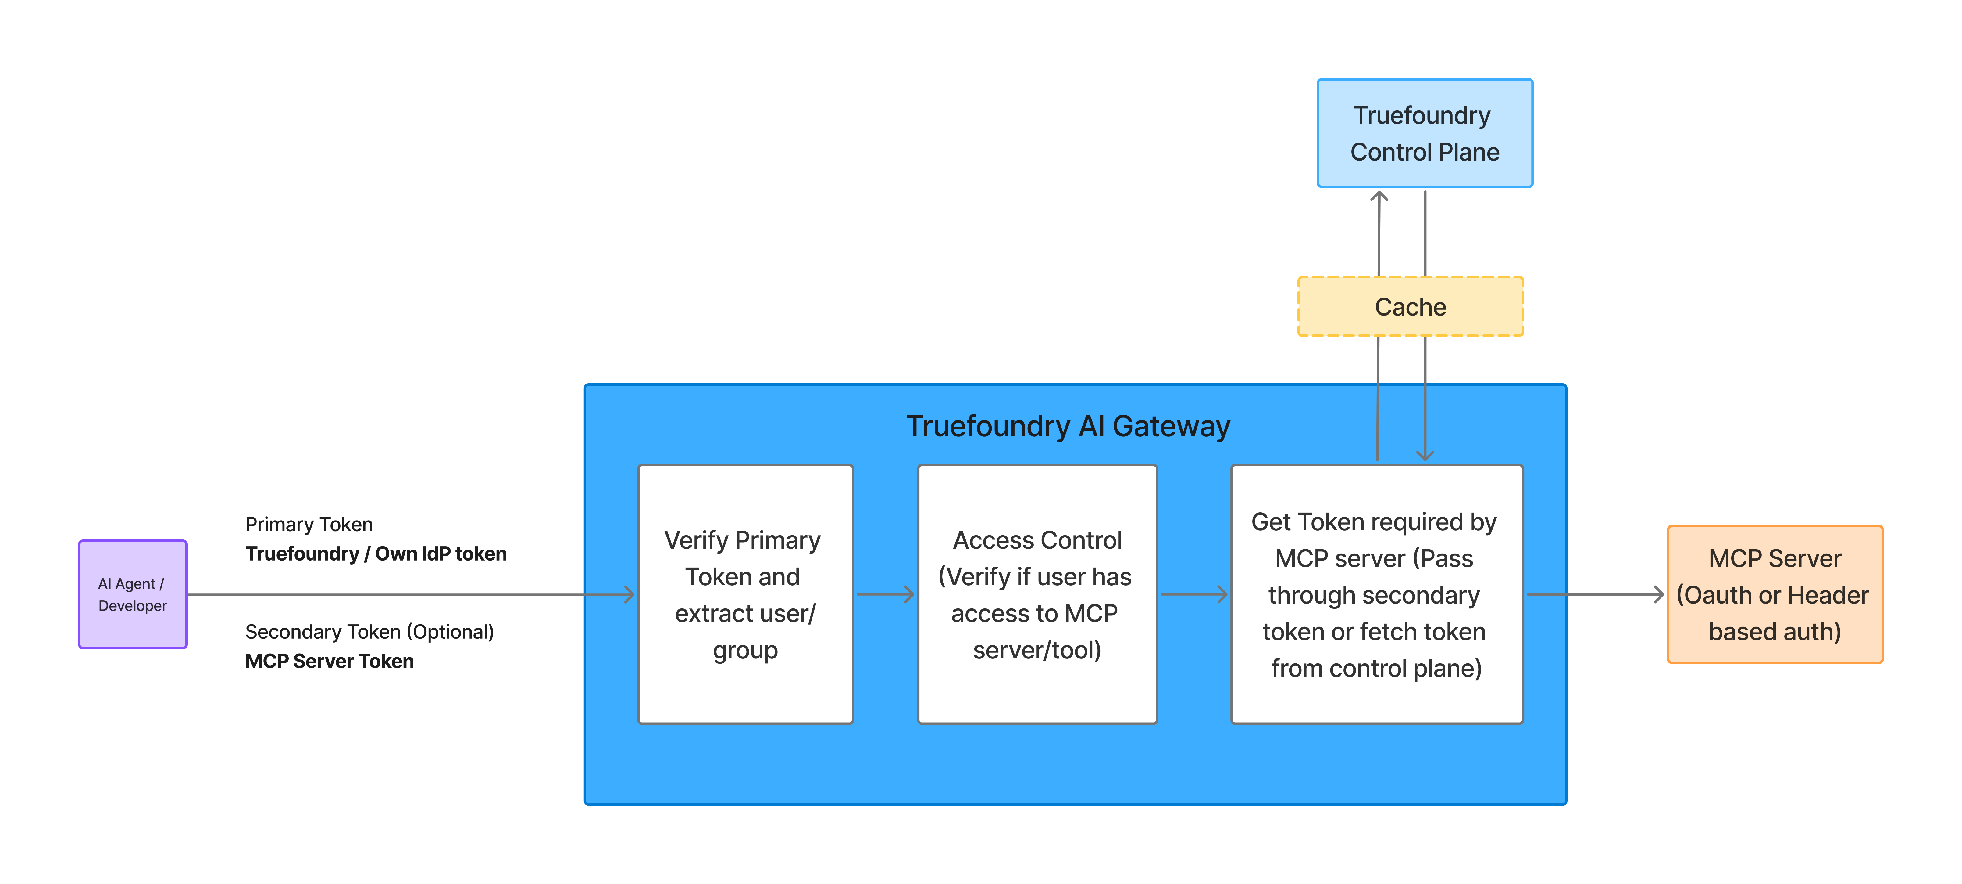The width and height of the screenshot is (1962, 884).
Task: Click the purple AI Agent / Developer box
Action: pos(133,594)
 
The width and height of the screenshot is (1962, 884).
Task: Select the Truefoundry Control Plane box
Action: pos(1424,133)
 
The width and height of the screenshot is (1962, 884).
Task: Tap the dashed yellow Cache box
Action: pos(1410,306)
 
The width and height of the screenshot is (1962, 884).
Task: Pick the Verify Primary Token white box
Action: pos(745,594)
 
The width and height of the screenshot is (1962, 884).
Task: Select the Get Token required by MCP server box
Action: pos(1376,594)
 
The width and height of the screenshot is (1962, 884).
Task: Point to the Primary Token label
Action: pos(309,524)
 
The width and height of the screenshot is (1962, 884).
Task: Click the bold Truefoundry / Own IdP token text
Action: pos(376,554)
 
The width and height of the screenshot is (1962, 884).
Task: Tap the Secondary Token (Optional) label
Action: pos(369,632)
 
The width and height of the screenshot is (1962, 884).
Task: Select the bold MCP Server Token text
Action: pos(329,662)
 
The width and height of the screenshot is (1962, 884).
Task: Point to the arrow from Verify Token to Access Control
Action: pos(885,594)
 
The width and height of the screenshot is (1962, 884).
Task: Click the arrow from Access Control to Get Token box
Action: pos(1193,594)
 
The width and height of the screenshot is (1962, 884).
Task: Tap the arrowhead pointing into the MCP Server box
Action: pos(1658,594)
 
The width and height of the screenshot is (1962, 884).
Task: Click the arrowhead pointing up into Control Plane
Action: pos(1379,197)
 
